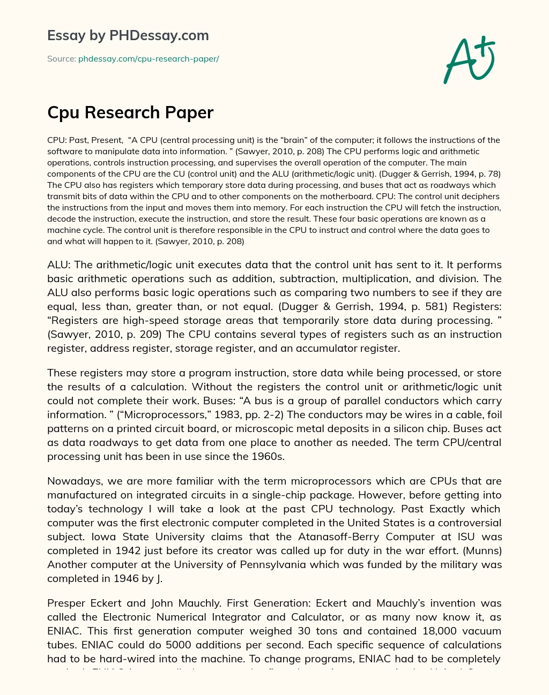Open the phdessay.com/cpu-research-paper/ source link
pyautogui.click(x=149, y=59)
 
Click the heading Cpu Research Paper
pyautogui.click(x=130, y=112)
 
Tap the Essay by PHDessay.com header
pyautogui.click(x=128, y=35)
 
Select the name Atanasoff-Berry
pyautogui.click(x=345, y=537)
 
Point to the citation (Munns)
pyautogui.click(x=482, y=550)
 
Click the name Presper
pyautogui.click(x=68, y=603)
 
